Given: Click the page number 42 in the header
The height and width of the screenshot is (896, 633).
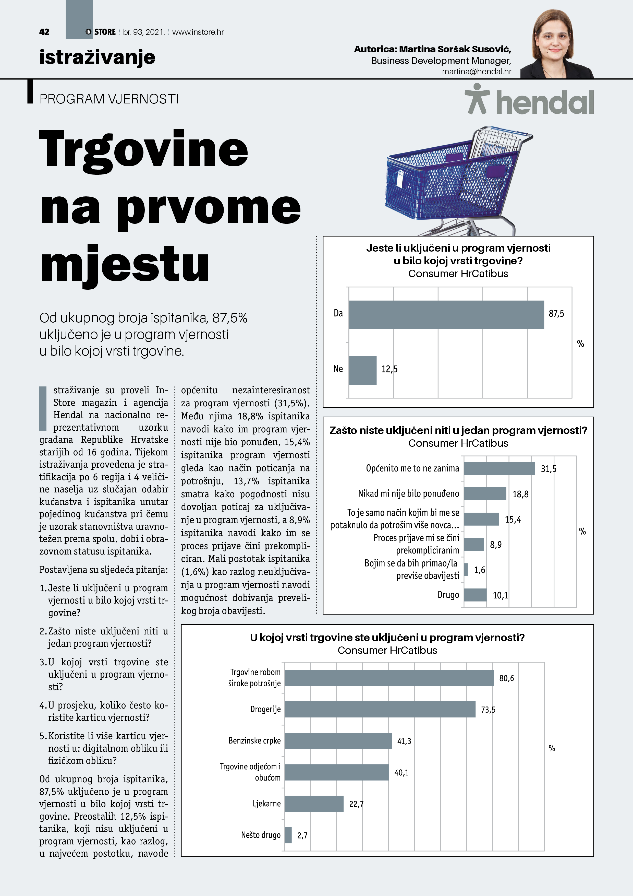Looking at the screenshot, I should (x=44, y=32).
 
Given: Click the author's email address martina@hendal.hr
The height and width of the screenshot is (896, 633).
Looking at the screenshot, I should (x=477, y=72).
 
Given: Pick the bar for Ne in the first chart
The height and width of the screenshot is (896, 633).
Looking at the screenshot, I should (x=363, y=370).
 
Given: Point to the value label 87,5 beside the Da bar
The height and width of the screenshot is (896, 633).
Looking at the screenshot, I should (x=556, y=314).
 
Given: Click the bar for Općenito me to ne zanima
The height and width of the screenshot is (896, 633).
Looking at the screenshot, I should (x=499, y=468).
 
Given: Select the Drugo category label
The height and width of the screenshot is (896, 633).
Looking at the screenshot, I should (x=448, y=595).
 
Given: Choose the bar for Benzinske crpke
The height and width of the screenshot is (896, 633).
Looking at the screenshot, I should (x=338, y=741).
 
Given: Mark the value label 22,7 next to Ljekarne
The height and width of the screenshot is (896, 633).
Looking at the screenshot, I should (x=356, y=804).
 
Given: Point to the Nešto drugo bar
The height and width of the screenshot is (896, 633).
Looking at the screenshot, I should (x=288, y=835).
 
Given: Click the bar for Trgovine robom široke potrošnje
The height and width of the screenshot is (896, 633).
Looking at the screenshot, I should (x=389, y=678).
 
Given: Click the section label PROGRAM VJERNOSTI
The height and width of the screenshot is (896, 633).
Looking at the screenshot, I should (x=109, y=99).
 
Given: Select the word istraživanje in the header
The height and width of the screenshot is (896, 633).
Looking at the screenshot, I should (x=98, y=57).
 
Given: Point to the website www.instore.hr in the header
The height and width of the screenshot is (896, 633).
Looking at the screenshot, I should (x=198, y=32).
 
